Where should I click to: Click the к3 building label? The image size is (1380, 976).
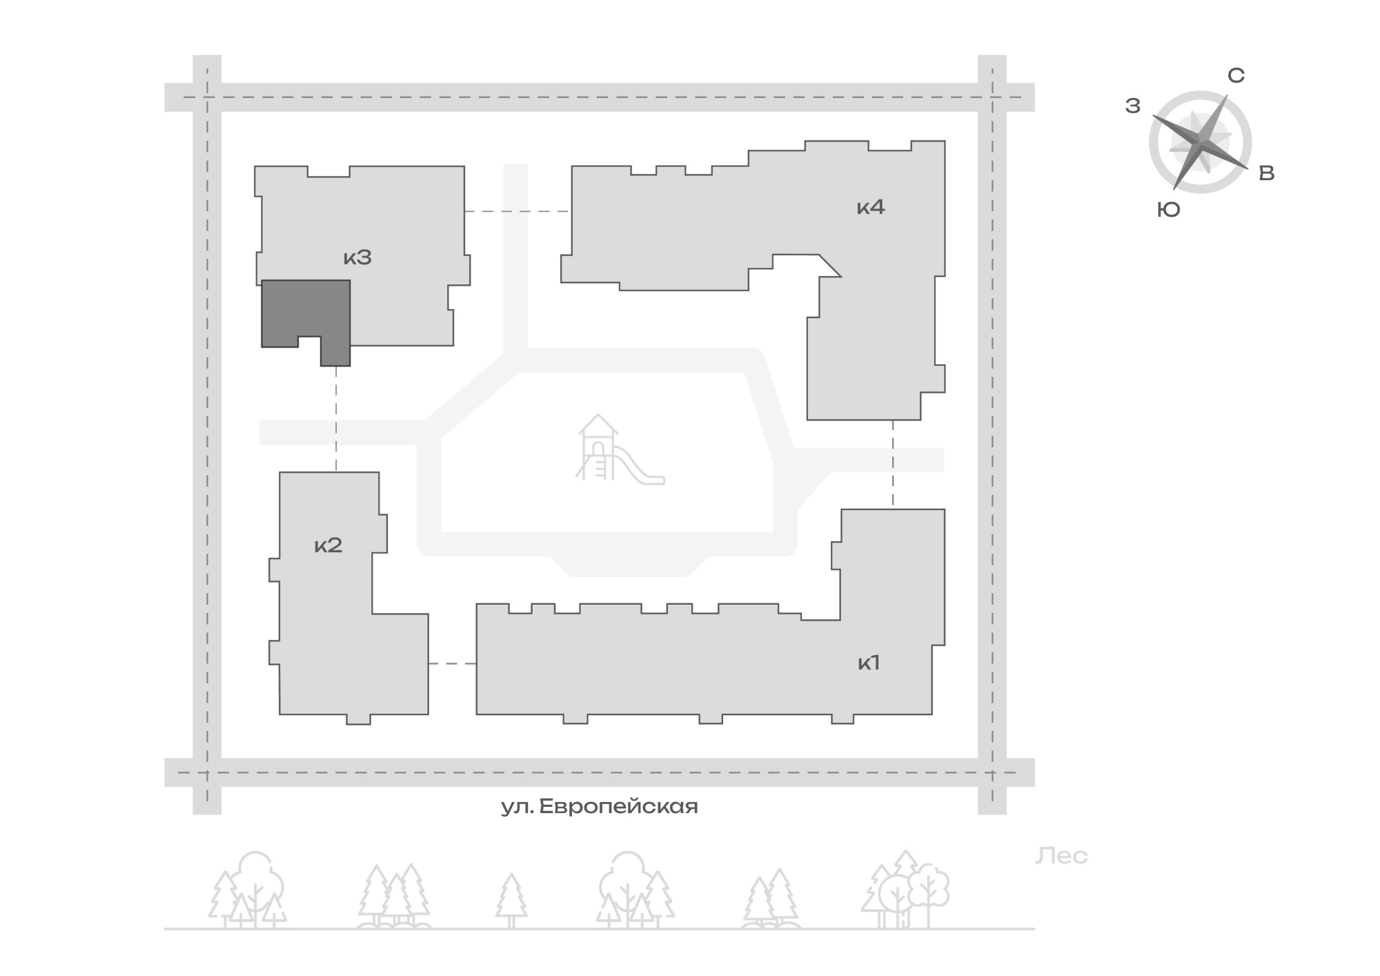(357, 257)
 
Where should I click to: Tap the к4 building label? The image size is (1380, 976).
(871, 206)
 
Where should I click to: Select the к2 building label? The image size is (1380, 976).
(328, 545)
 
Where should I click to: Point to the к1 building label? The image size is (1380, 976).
(869, 663)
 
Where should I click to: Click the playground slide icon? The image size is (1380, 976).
(620, 449)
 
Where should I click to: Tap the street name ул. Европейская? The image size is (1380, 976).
(600, 806)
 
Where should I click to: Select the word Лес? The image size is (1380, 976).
(1061, 856)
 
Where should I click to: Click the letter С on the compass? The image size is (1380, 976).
(1236, 76)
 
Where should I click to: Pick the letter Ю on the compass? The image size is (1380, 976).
(1168, 210)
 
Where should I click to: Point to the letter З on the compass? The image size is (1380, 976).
(1133, 106)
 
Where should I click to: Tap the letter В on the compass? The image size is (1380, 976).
(1267, 173)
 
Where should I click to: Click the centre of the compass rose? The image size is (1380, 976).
(1201, 142)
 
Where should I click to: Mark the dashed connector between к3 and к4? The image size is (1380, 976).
(517, 211)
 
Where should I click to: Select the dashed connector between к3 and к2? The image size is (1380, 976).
(336, 419)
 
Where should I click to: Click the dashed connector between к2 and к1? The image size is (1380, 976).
(453, 663)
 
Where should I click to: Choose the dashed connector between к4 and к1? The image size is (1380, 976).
(893, 465)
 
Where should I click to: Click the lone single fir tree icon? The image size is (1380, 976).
(511, 900)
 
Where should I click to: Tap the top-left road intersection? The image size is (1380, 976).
(207, 97)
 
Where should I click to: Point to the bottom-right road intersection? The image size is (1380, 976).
(992, 772)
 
